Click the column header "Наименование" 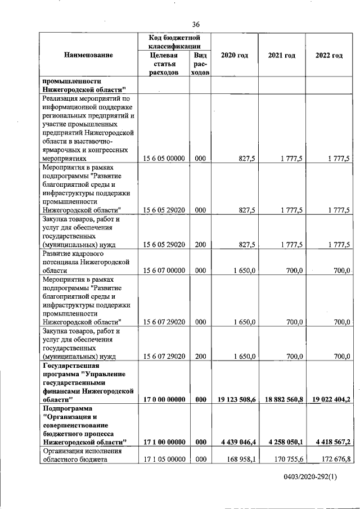click(x=88, y=55)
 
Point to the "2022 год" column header click(x=329, y=55)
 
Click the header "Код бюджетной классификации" click(x=175, y=42)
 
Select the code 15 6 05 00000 click(x=164, y=159)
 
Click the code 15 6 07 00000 click(x=164, y=271)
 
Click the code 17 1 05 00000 click(x=164, y=460)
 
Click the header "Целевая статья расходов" click(x=164, y=64)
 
